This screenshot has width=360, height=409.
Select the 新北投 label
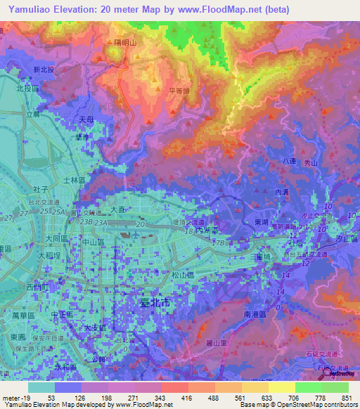44,70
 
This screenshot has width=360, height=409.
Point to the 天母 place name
86,120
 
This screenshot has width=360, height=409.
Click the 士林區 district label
75,181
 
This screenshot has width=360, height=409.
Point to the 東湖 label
261,221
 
